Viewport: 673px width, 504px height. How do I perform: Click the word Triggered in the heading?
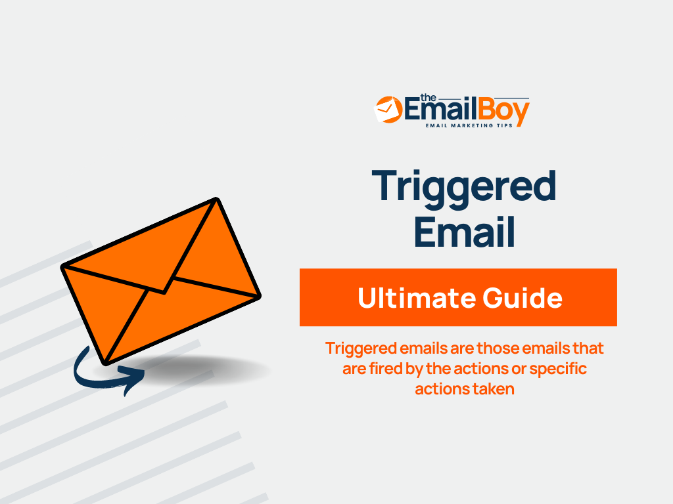click(x=464, y=186)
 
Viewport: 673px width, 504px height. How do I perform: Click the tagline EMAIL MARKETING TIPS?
click(x=469, y=125)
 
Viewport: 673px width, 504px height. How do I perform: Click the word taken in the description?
click(x=492, y=388)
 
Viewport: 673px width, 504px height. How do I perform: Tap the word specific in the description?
click(x=558, y=369)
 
